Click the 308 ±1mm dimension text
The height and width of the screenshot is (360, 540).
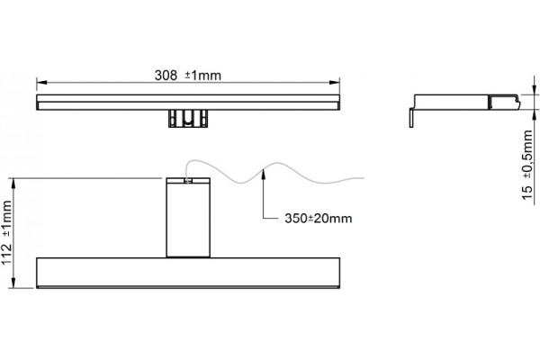coord(188,75)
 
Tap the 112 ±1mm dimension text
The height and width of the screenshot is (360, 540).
coord(7,233)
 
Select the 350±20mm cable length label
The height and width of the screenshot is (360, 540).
coord(319,219)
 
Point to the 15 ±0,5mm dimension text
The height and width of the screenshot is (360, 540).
coord(527,165)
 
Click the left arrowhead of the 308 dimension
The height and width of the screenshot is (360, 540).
coord(41,82)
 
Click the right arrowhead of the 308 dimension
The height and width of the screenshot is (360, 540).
coord(335,82)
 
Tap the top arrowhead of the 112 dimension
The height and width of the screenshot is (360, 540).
coord(13,184)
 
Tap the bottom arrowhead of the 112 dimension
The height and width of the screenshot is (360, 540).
coord(13,283)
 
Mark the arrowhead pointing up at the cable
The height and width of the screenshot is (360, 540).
coord(264,172)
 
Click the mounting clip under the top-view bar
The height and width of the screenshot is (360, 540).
coord(188,119)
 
